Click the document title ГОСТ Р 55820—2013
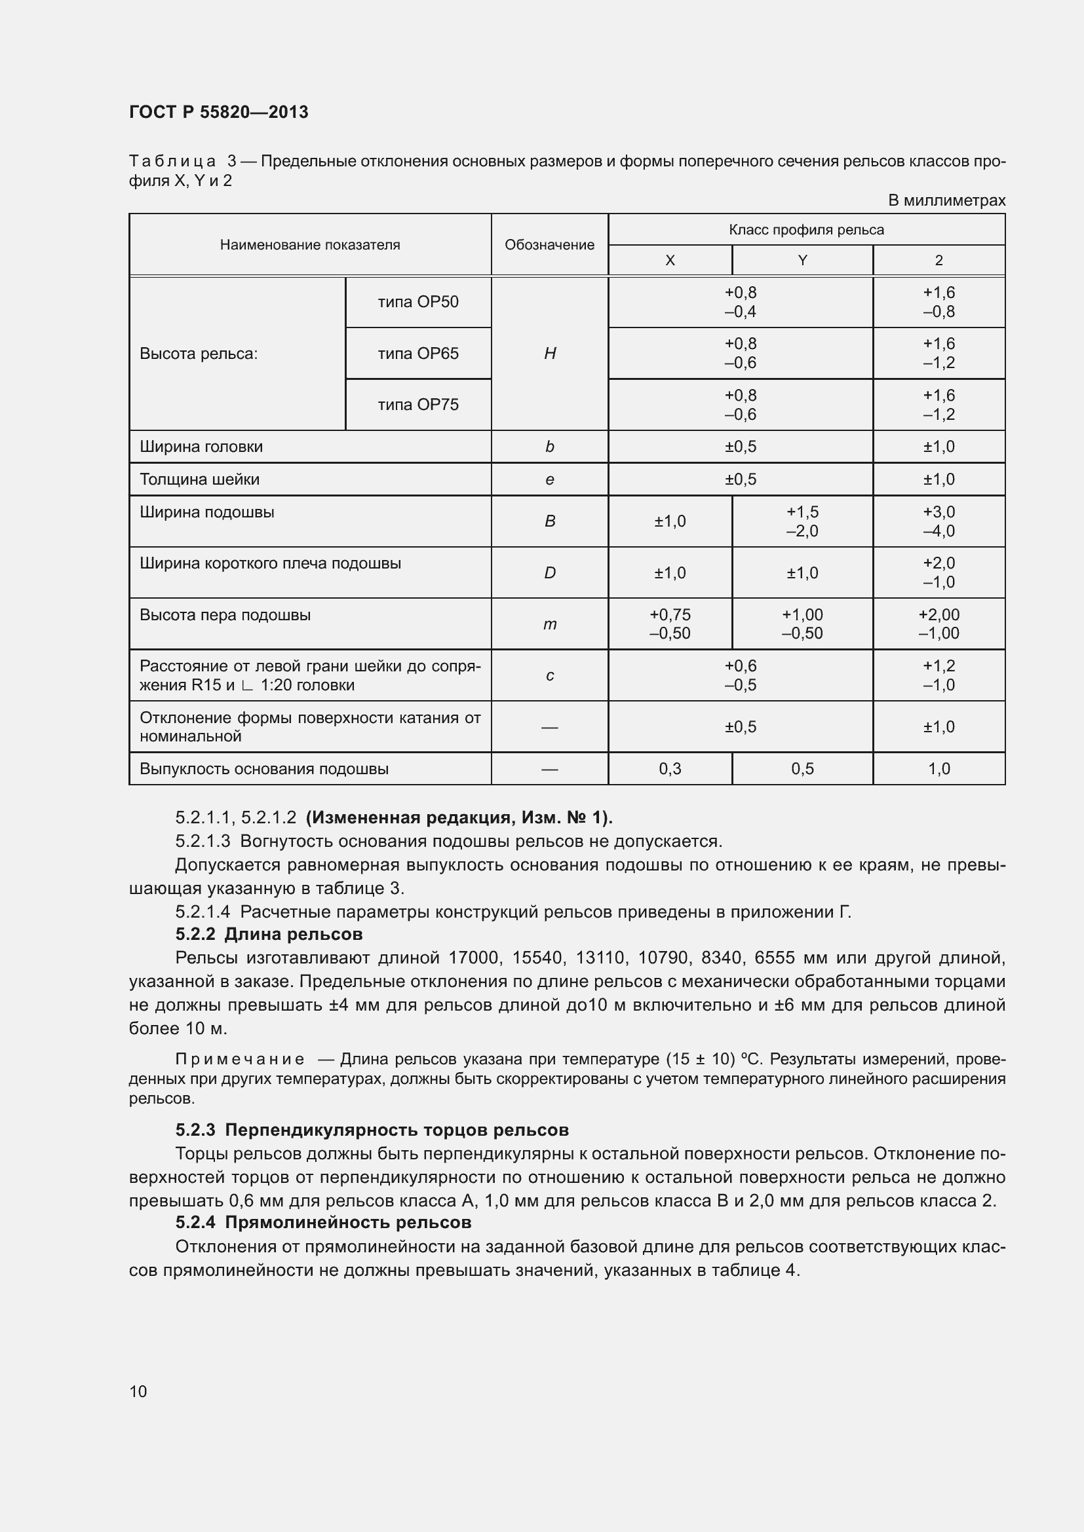click(218, 112)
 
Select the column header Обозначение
click(549, 245)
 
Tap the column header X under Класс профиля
click(670, 261)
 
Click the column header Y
click(802, 261)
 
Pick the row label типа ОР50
click(418, 302)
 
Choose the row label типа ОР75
click(418, 405)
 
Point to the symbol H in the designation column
click(549, 354)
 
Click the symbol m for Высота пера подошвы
click(549, 625)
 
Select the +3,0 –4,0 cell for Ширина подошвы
click(939, 521)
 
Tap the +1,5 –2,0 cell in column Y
click(802, 521)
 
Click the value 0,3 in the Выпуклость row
click(670, 769)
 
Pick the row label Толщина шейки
click(200, 479)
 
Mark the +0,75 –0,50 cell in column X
click(670, 624)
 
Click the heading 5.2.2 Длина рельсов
click(269, 934)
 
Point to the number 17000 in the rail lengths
click(473, 958)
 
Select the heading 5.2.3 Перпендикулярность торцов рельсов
click(372, 1130)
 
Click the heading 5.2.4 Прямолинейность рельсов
click(323, 1222)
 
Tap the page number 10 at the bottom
click(138, 1391)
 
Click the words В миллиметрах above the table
click(946, 200)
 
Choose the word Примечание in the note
click(240, 1060)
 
